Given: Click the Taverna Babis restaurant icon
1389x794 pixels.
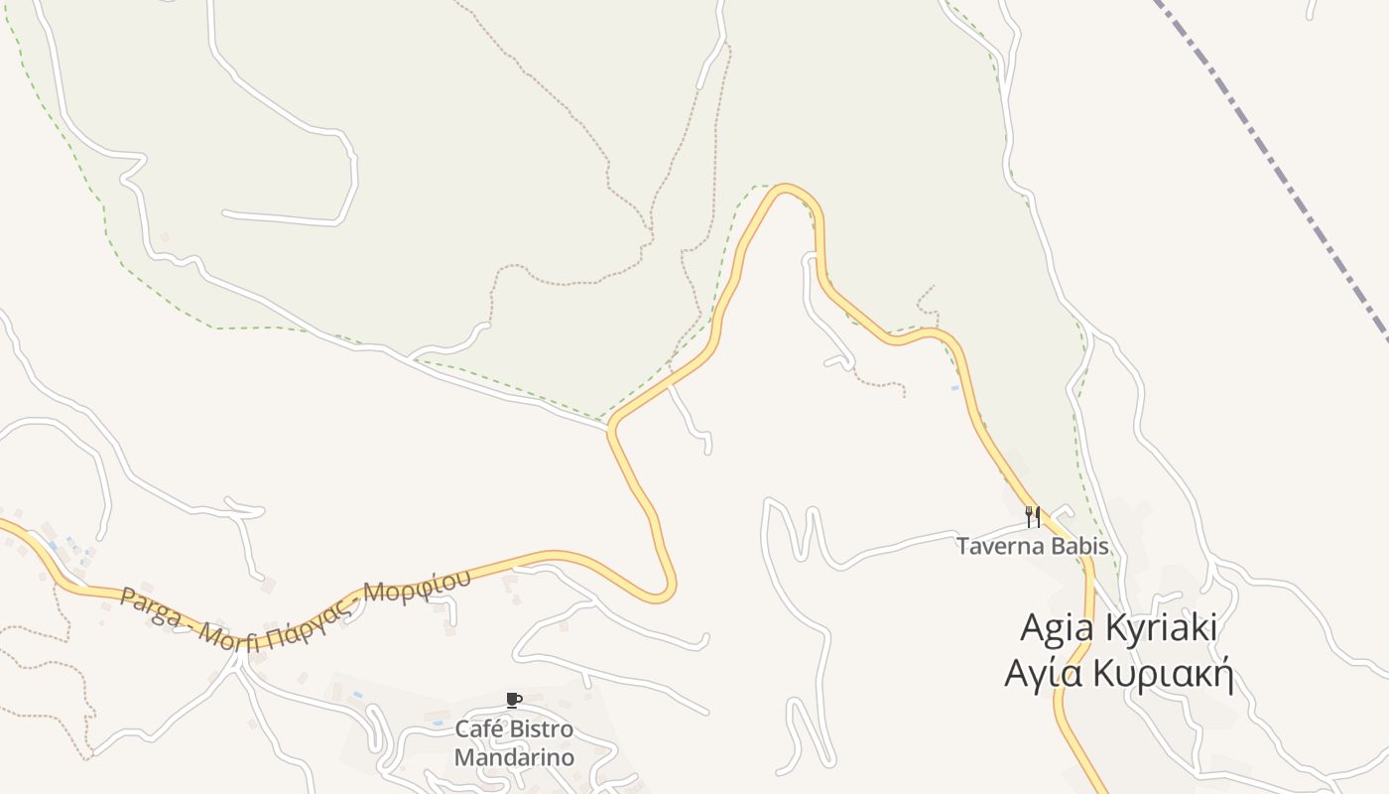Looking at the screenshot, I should coord(1033,516).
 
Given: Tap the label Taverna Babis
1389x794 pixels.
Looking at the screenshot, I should coord(1033,546).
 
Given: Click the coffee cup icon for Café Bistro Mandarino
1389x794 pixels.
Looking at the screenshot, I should coord(513,701).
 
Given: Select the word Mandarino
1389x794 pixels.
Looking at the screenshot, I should coord(514,757).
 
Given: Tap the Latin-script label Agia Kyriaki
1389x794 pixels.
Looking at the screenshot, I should coord(1118,628).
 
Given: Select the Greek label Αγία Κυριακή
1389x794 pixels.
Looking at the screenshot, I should coord(1118,675).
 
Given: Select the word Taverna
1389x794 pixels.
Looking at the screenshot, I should coord(997,546).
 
